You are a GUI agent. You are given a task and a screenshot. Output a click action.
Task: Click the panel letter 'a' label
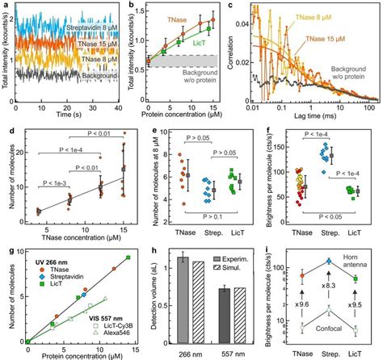pos(5,6)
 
